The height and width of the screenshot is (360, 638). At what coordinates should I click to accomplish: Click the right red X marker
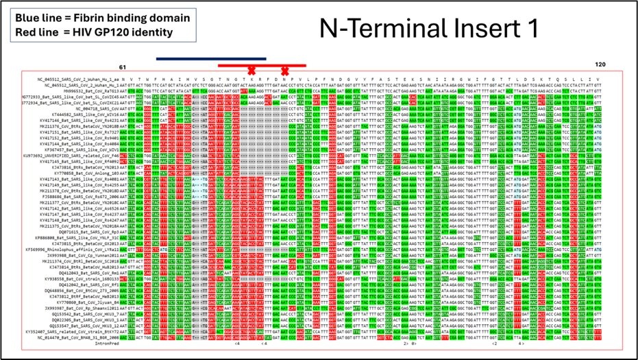pyautogui.click(x=284, y=71)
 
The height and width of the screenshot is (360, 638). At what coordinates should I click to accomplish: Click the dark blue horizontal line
pyautogui.click(x=210, y=59)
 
